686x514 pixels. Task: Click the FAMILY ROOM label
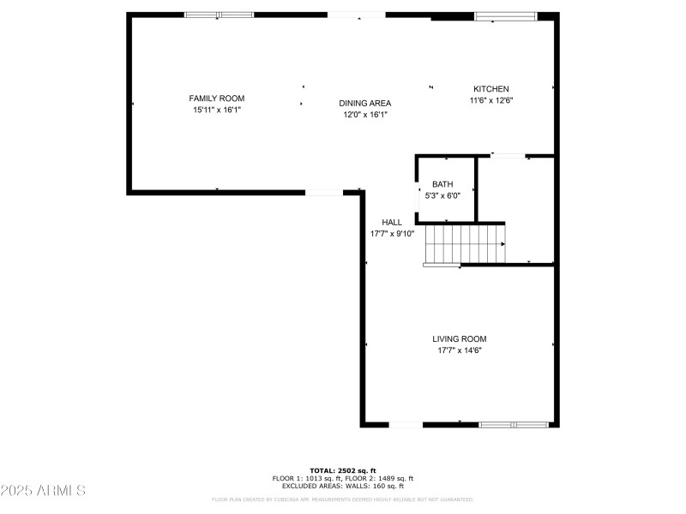click(x=217, y=99)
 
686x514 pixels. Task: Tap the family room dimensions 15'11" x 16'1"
click(x=217, y=110)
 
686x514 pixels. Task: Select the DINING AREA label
click(x=364, y=103)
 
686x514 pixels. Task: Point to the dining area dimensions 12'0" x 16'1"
click(x=364, y=114)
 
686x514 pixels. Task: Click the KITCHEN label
click(x=491, y=89)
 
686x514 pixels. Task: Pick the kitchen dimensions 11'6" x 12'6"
click(x=491, y=100)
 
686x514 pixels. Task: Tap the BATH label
click(x=442, y=184)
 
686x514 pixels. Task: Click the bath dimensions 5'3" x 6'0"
click(x=442, y=195)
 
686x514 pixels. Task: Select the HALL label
click(x=392, y=222)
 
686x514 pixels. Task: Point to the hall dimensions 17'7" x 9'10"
click(x=392, y=233)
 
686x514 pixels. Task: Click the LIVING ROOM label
click(x=460, y=338)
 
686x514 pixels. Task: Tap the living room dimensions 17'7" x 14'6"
click(x=460, y=350)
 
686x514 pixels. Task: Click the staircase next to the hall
click(x=466, y=243)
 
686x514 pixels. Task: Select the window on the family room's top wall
click(x=219, y=15)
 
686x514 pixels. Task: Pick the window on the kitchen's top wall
click(x=506, y=15)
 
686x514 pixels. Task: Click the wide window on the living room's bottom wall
click(x=514, y=424)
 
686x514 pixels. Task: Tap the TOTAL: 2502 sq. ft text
click(x=343, y=470)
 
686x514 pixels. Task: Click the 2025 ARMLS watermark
click(x=43, y=491)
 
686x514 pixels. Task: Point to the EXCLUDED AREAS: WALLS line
click(x=343, y=486)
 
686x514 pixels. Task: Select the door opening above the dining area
click(x=357, y=15)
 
